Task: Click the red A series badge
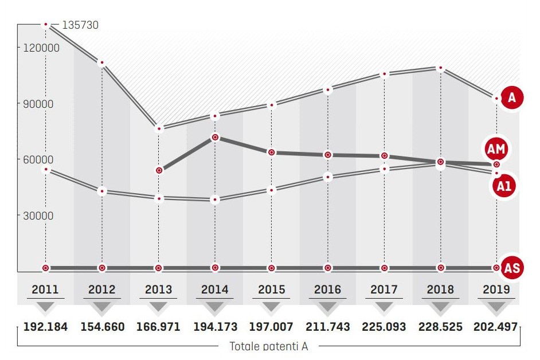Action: (511, 98)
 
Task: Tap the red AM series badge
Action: (496, 149)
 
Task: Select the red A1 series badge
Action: (504, 185)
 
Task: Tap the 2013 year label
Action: (158, 289)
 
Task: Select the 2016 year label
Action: (327, 289)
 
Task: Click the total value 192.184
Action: (45, 327)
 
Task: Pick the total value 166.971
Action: (158, 327)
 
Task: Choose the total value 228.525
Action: (440, 327)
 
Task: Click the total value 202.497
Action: (496, 327)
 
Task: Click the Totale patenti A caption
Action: (269, 346)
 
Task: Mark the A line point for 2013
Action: (159, 128)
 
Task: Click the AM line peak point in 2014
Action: (215, 137)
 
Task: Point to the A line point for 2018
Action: (440, 68)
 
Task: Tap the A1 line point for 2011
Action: (46, 169)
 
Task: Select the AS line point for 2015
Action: (271, 268)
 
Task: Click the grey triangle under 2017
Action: (384, 307)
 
